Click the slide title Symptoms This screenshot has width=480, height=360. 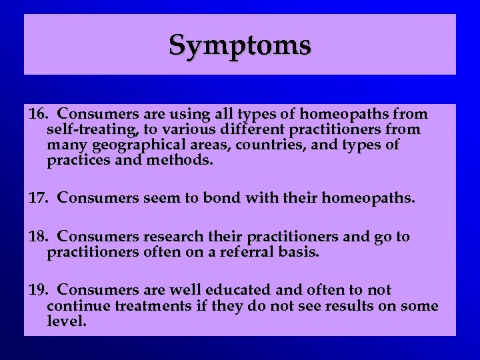[x=239, y=45]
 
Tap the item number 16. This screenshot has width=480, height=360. [x=38, y=115]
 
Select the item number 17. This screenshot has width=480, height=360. [x=38, y=198]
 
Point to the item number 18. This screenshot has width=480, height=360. [x=38, y=237]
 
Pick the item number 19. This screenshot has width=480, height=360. [x=38, y=291]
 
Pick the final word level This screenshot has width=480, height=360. [x=67, y=322]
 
